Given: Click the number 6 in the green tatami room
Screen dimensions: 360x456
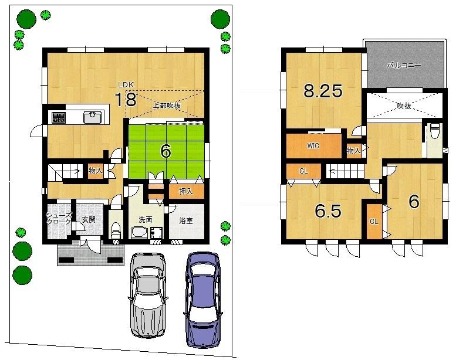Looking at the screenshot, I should (166, 151).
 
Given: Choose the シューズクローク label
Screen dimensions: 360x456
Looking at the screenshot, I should (59, 219).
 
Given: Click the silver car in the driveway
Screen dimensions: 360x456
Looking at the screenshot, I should (148, 294).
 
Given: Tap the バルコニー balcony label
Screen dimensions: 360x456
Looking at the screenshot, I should (404, 66).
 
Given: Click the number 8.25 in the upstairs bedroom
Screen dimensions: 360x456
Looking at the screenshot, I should (322, 91).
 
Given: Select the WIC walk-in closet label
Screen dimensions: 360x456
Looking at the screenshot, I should (313, 146).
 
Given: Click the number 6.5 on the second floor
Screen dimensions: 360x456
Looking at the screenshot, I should (327, 211).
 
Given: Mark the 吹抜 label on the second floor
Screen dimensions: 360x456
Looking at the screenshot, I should (403, 106).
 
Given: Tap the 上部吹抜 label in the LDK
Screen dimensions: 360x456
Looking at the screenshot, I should (167, 106).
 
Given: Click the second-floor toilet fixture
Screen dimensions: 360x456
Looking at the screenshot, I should (434, 131).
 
